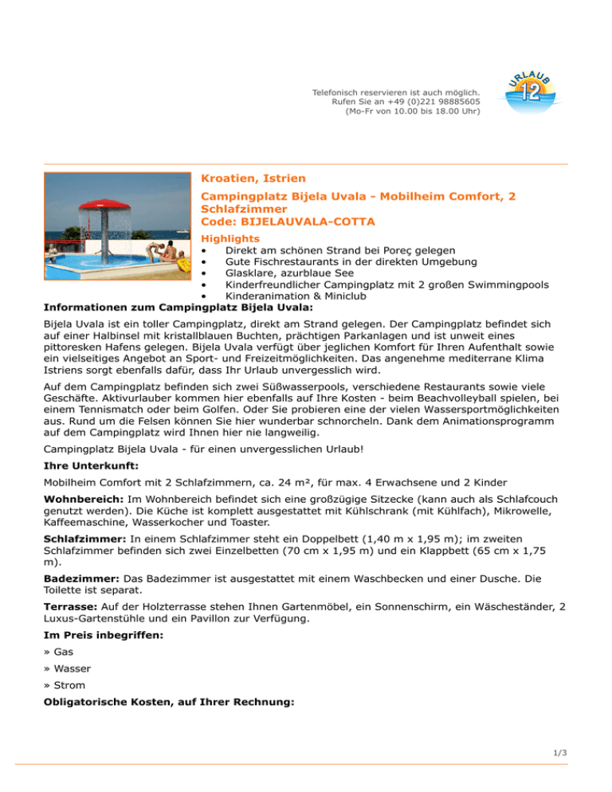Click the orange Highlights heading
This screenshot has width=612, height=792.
(x=230, y=238)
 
